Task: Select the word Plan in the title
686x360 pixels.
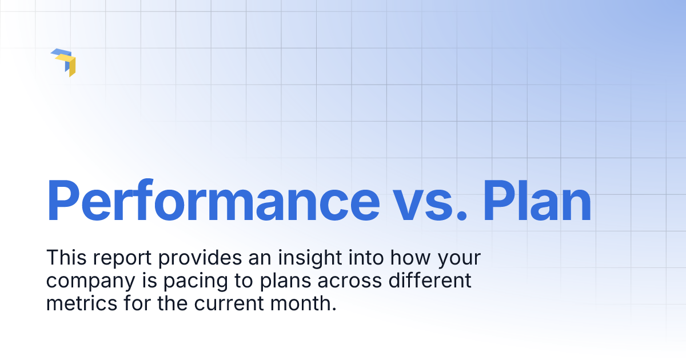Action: click(x=536, y=201)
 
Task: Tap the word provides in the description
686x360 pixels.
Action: click(x=200, y=258)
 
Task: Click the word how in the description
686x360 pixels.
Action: click(x=405, y=258)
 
